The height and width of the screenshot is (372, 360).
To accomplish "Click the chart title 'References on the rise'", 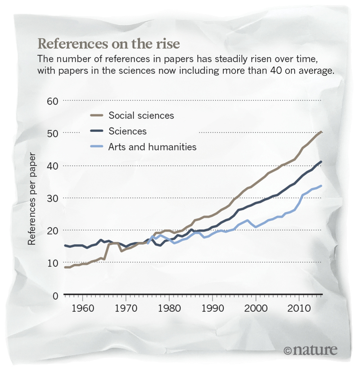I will tap(108, 44).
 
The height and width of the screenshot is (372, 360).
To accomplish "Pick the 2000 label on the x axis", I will tap(256, 310).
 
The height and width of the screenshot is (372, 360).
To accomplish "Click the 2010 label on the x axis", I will tap(300, 310).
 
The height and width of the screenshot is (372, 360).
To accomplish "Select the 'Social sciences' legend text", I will tap(141, 115).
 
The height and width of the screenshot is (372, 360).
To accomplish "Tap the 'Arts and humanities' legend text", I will tap(152, 147).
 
